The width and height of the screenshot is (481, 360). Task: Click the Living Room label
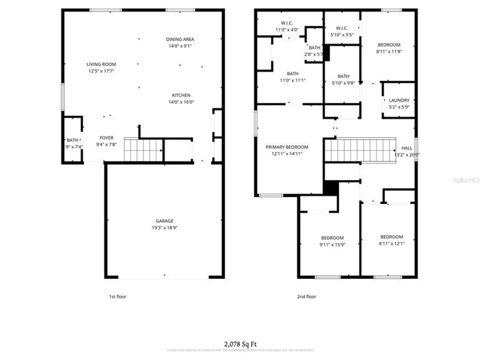(x=101, y=64)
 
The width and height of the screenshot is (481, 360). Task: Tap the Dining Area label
(x=180, y=40)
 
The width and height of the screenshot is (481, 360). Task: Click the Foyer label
(x=106, y=137)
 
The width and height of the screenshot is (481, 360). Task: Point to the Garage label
(x=164, y=221)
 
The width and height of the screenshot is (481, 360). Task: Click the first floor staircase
(x=144, y=149)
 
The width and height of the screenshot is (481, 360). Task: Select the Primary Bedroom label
(x=287, y=147)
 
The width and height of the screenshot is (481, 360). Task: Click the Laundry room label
(x=399, y=100)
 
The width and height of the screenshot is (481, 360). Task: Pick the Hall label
(x=407, y=148)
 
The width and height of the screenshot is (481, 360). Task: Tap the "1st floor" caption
(x=117, y=297)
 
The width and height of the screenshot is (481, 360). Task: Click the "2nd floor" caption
(x=307, y=297)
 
